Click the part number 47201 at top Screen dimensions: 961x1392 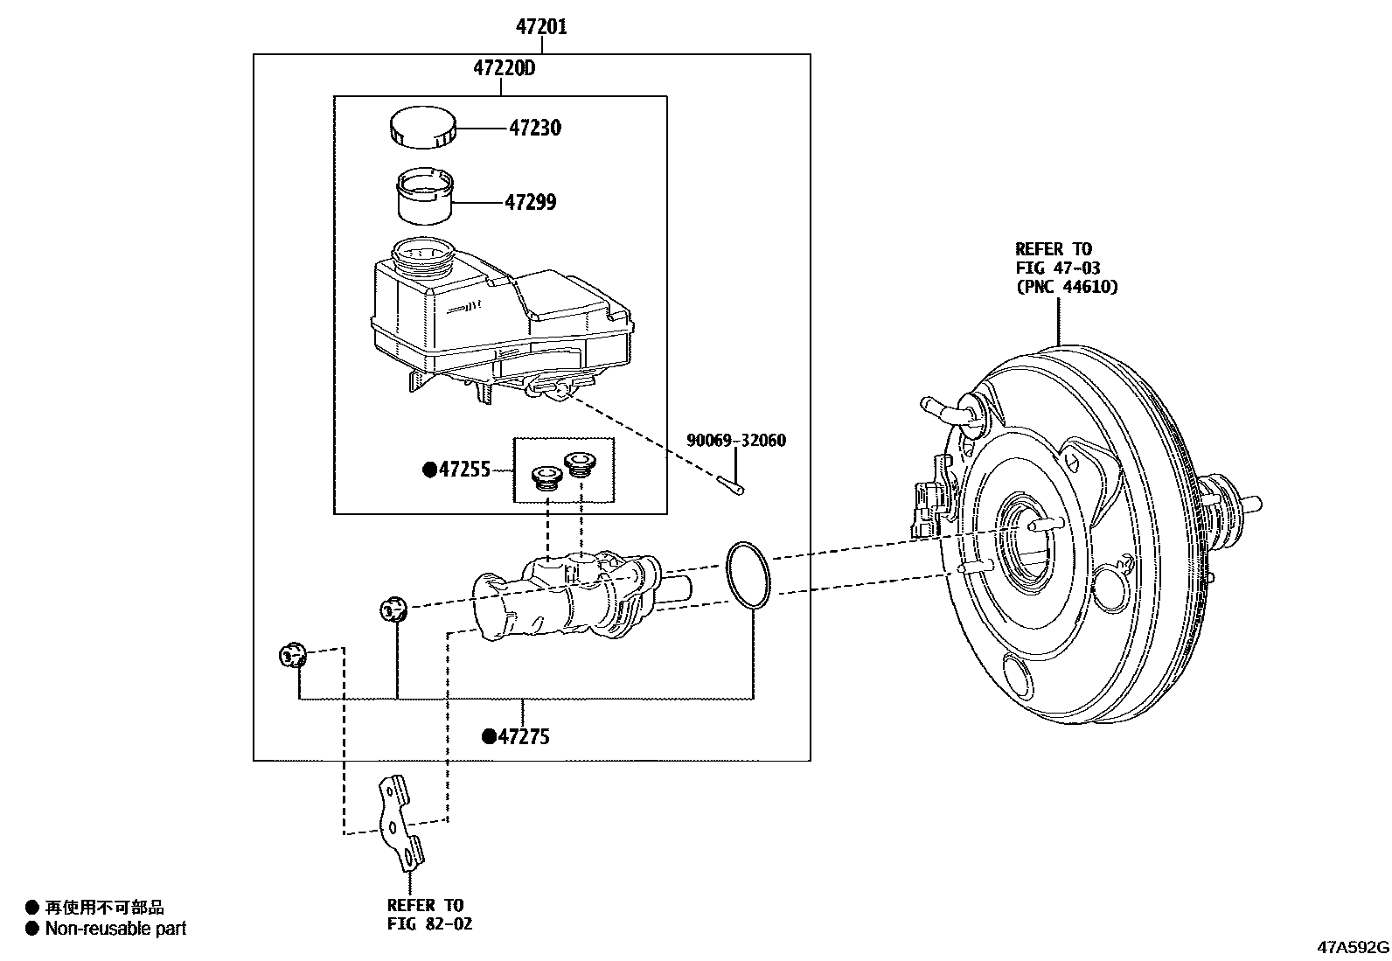tap(540, 27)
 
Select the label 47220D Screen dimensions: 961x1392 tap(504, 67)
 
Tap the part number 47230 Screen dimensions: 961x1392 tap(534, 129)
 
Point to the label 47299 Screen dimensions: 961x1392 tap(530, 203)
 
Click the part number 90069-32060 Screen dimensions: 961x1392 tap(735, 441)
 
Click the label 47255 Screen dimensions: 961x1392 tap(464, 470)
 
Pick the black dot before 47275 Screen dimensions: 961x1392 tap(489, 737)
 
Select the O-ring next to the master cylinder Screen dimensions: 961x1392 tap(748, 574)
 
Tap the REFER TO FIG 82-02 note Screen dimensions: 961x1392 tap(428, 914)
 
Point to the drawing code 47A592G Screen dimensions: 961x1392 tap(1354, 947)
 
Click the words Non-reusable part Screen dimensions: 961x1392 tap(115, 930)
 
